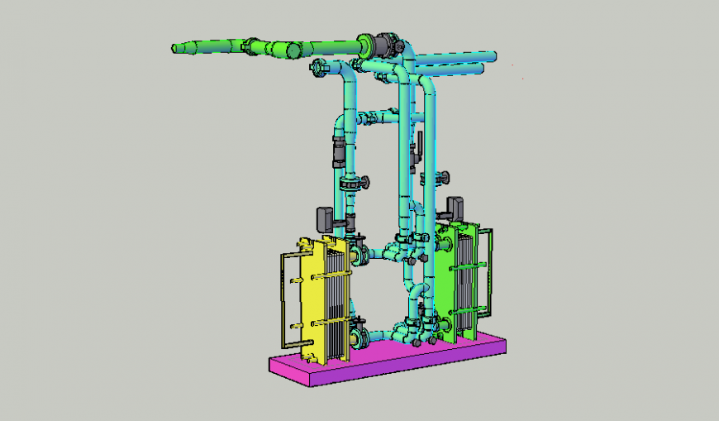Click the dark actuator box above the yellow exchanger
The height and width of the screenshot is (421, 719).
click(x=325, y=218)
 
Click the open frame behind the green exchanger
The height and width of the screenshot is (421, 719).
click(x=489, y=273)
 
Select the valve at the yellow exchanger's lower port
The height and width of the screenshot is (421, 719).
click(x=359, y=337)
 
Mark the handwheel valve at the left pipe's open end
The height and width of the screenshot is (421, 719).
click(x=317, y=68)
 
